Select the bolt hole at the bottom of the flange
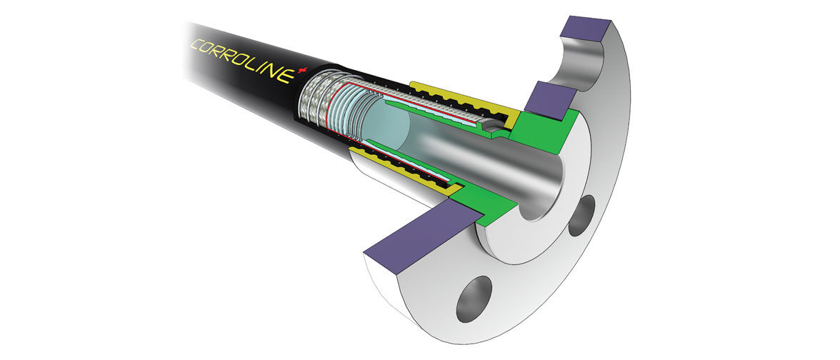474,299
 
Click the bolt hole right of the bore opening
581,216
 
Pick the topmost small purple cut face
586,29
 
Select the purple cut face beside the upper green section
550,100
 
